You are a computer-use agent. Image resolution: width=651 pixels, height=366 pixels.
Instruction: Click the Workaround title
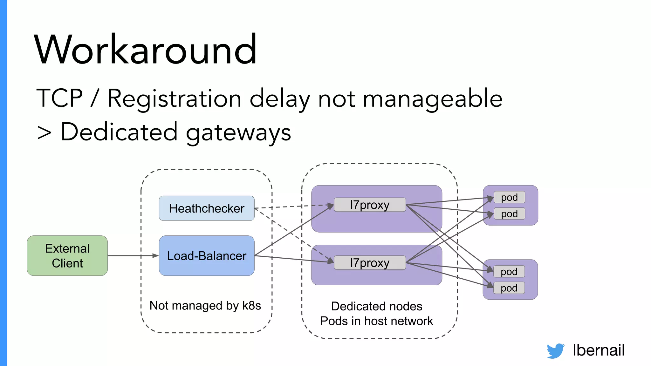click(x=145, y=50)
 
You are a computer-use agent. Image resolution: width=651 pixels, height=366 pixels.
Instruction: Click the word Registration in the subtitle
click(x=174, y=98)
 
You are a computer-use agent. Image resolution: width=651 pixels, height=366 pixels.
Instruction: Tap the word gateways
click(x=238, y=132)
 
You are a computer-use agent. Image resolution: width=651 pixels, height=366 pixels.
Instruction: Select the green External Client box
click(x=67, y=256)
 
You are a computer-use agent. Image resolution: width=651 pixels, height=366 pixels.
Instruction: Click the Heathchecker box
click(x=207, y=208)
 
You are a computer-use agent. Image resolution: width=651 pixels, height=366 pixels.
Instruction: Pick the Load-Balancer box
click(x=207, y=256)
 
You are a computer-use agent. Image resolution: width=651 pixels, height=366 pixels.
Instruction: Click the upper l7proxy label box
click(x=370, y=205)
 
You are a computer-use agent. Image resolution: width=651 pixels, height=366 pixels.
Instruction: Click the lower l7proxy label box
click(x=370, y=263)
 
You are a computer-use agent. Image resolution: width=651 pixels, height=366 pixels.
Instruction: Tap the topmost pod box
click(x=509, y=197)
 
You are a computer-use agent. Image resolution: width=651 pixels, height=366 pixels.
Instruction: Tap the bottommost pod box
click(x=509, y=288)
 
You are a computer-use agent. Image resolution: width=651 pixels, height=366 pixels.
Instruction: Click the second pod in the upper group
click(x=509, y=214)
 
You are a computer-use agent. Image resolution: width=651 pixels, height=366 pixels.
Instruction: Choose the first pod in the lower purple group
click(x=509, y=272)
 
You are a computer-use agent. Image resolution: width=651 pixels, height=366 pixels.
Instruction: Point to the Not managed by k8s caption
click(x=205, y=306)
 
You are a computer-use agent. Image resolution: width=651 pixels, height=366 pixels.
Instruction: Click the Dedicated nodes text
click(x=377, y=306)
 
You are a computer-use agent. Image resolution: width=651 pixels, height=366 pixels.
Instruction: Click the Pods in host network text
click(x=377, y=321)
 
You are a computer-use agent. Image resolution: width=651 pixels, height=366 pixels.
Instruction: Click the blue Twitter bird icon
click(x=555, y=351)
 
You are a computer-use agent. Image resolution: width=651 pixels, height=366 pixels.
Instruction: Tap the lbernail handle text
click(x=599, y=350)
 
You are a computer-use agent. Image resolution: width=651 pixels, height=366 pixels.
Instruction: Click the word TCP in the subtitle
click(x=59, y=98)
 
